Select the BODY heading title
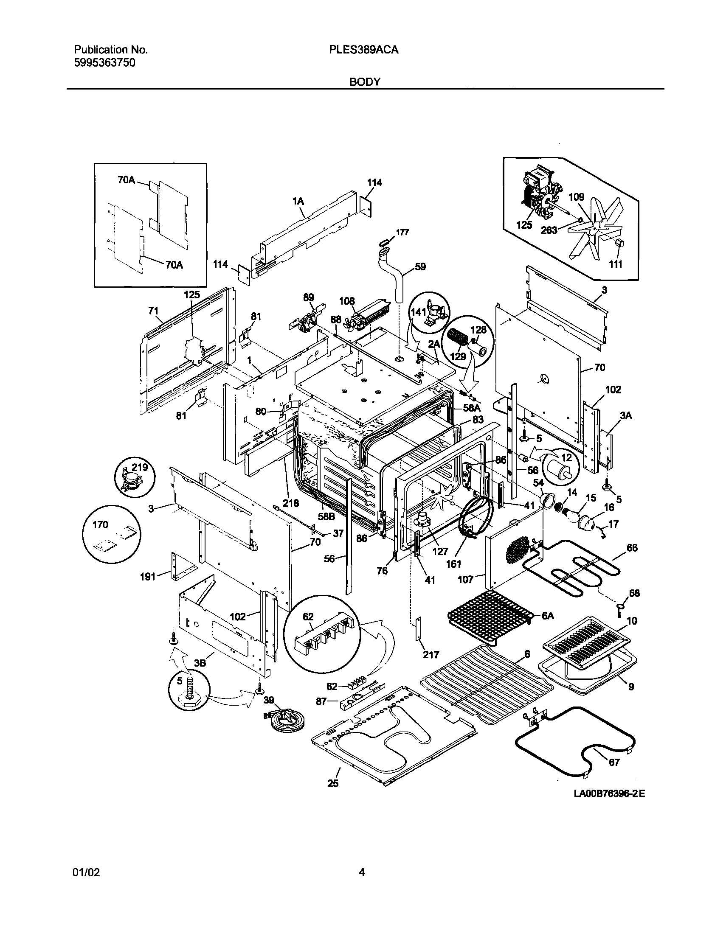tap(365, 82)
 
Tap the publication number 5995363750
tap(104, 63)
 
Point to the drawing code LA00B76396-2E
tap(609, 793)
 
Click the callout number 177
tap(402, 233)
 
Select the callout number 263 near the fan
tap(549, 230)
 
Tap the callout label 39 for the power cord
tap(269, 700)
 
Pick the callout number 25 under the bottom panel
tap(333, 783)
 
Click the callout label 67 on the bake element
tap(614, 762)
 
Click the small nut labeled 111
tap(619, 243)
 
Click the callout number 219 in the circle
tap(139, 468)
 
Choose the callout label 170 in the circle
tap(100, 525)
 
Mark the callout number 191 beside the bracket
tap(148, 577)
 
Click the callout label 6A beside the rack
tap(548, 616)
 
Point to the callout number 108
tap(347, 301)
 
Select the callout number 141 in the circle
tap(418, 312)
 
